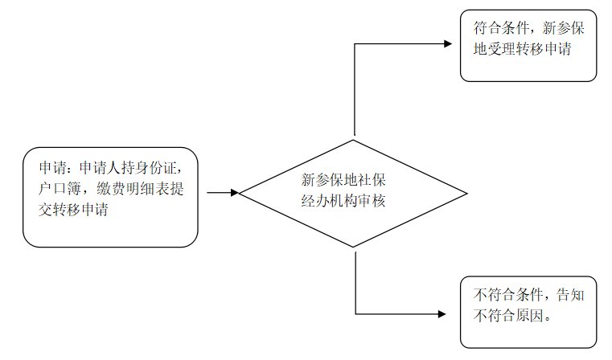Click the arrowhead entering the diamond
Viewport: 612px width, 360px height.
tap(235, 193)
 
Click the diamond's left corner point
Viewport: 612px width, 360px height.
tap(241, 193)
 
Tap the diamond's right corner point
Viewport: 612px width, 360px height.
tap(466, 193)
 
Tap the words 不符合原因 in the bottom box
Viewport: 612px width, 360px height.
tap(508, 316)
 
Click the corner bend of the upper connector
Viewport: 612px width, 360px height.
tap(355, 43)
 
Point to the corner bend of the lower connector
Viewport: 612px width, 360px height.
tap(355, 313)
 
